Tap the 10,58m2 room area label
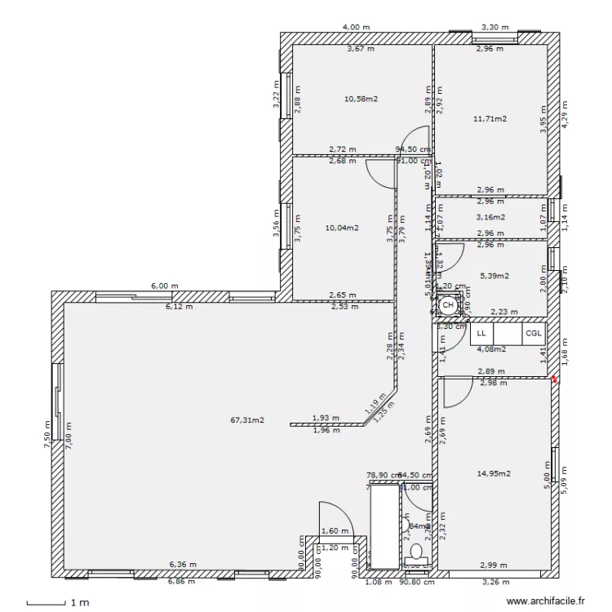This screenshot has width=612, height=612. click(x=361, y=99)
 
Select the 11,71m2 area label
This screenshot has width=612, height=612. click(x=490, y=119)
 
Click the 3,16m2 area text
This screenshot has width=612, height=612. click(x=490, y=217)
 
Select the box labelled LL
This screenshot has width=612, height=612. click(x=481, y=334)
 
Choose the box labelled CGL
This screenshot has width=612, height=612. click(x=533, y=334)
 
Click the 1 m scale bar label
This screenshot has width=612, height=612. click(x=78, y=603)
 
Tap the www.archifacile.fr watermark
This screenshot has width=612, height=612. click(x=547, y=602)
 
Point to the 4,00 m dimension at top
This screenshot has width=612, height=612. click(x=356, y=27)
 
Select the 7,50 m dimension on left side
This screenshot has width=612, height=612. click(x=48, y=432)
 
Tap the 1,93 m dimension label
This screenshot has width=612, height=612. click(x=325, y=418)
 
